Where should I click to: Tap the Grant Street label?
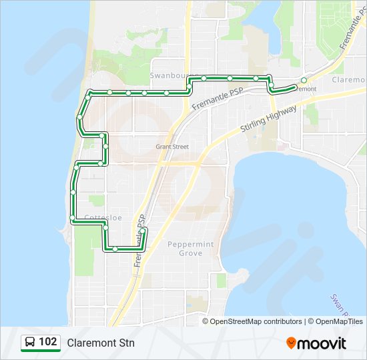[x=172, y=146]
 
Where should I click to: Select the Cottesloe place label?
[x=103, y=217]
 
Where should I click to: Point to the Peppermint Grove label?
[x=191, y=249]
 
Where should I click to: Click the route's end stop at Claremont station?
[x=304, y=81]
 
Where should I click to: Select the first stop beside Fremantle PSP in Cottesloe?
[x=143, y=231]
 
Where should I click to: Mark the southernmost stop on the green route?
[x=115, y=249]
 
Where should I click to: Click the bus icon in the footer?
[x=30, y=343]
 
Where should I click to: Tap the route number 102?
[x=48, y=342]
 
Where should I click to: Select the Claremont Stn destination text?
[x=101, y=343]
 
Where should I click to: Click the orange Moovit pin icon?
[x=292, y=343]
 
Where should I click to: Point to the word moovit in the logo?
[x=323, y=343]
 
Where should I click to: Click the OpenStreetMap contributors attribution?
[x=256, y=321]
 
